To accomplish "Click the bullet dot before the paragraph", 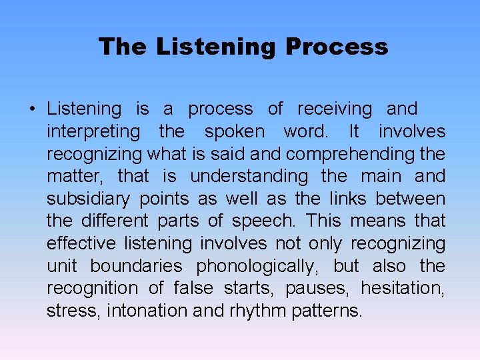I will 31,109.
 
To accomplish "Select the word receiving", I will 335,109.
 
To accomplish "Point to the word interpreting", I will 93,132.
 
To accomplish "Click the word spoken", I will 234,131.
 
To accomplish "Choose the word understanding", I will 249,177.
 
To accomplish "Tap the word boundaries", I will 136,267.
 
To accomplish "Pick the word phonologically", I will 257,267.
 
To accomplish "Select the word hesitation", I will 403,289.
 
